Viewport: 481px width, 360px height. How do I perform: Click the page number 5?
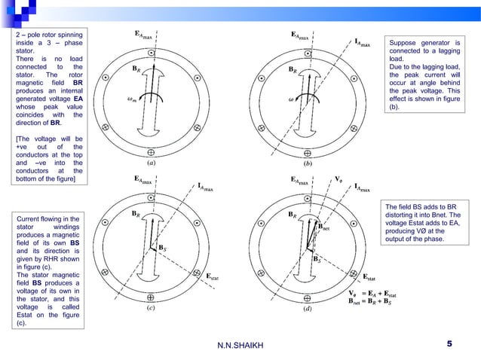point(449,344)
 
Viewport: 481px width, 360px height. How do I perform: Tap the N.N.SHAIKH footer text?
point(240,346)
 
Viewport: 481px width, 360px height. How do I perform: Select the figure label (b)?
point(308,161)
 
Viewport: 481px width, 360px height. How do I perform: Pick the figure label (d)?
point(308,308)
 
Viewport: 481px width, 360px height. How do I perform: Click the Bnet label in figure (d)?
point(323,226)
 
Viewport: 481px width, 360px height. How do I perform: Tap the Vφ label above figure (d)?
point(340,181)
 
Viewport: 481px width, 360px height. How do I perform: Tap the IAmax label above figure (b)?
point(362,44)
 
